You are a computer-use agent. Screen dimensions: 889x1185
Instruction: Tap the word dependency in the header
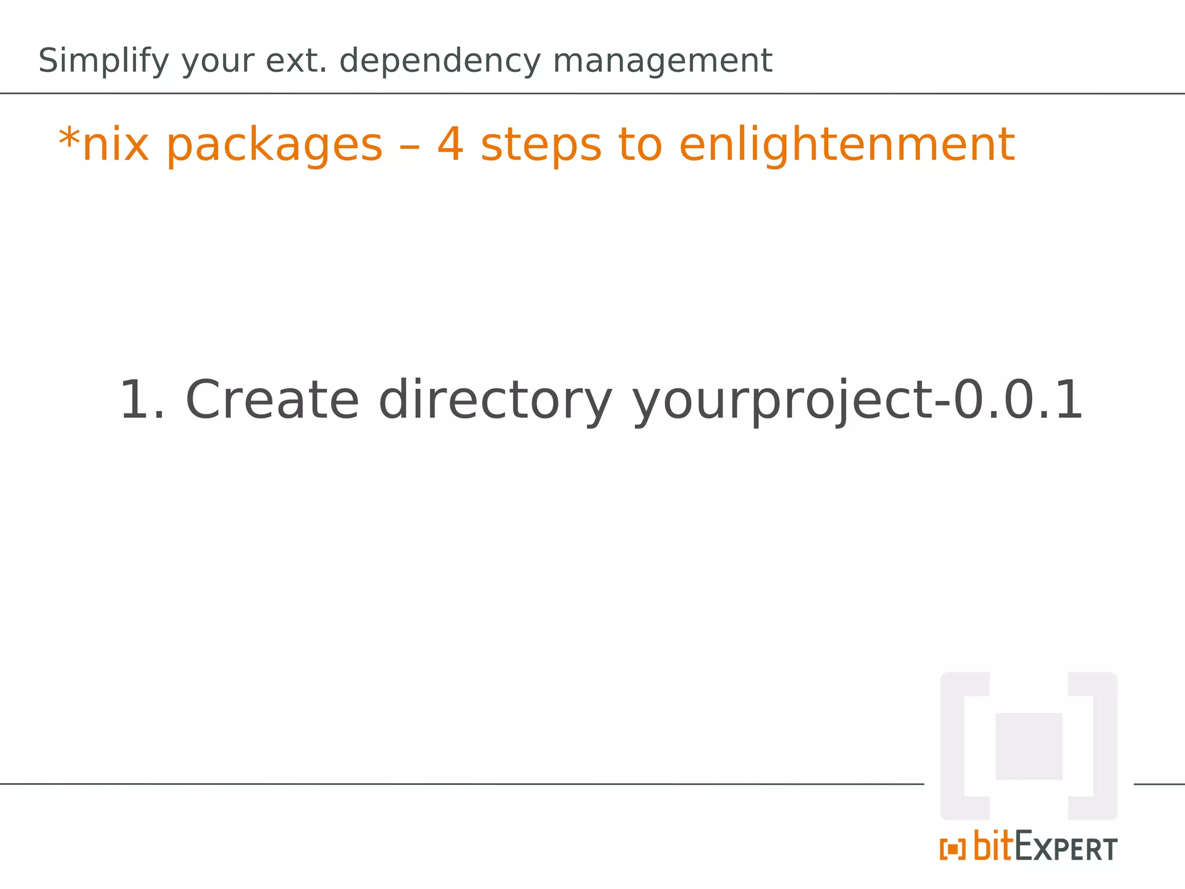(440, 61)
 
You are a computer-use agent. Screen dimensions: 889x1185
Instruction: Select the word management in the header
(662, 61)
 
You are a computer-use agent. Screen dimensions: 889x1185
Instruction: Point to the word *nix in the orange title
(104, 145)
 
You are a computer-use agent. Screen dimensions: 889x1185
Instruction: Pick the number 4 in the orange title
(450, 144)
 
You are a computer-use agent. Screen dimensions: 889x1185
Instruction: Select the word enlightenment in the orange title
(846, 145)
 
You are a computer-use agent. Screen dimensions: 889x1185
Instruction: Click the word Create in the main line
(272, 401)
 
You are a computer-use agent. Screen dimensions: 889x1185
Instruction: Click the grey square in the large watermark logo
(1028, 746)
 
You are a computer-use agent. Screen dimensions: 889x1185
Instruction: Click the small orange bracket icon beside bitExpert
(952, 850)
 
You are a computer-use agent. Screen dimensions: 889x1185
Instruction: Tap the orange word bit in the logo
(993, 846)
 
